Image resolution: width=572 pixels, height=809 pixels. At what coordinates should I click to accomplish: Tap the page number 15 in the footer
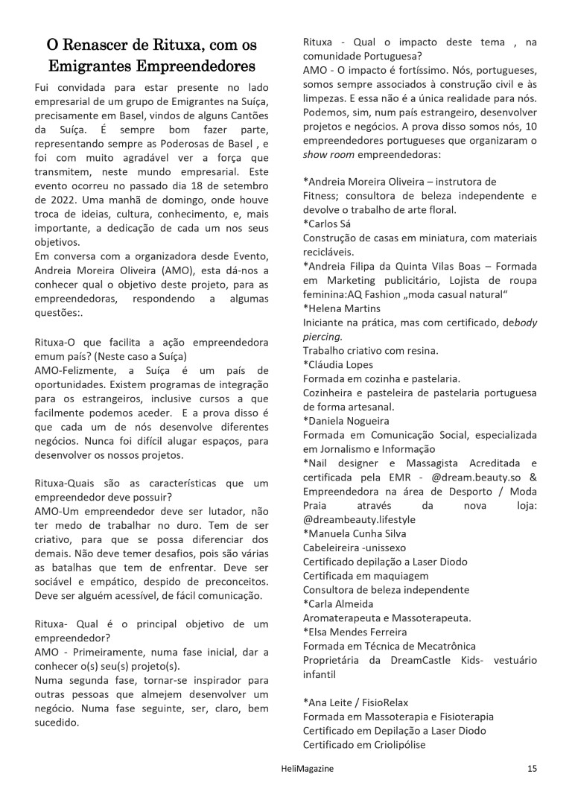tap(531, 768)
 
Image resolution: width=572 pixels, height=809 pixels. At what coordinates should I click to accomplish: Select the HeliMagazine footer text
tap(292, 768)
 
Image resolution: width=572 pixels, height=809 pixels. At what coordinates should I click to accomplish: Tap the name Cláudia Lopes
tap(341, 364)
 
